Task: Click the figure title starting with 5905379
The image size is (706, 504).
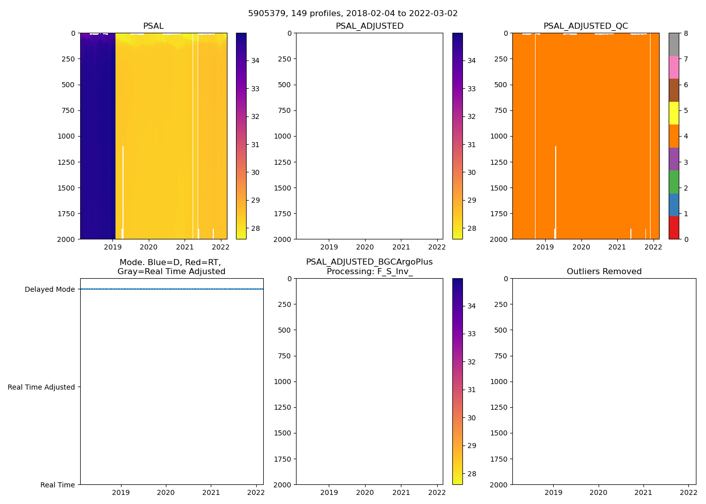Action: click(x=353, y=14)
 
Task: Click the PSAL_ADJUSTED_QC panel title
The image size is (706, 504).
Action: click(x=585, y=26)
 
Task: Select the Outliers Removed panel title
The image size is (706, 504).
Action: click(x=604, y=272)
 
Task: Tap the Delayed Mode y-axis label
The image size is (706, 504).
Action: click(x=49, y=289)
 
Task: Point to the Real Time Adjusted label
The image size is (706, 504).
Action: click(x=41, y=387)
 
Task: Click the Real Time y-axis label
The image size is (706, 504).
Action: click(x=57, y=485)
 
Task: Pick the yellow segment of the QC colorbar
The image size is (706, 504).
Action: click(x=674, y=113)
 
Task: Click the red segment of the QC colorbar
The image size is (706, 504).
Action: click(x=674, y=228)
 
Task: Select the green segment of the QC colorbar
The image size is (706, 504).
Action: click(x=674, y=182)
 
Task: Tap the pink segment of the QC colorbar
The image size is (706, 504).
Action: click(x=674, y=67)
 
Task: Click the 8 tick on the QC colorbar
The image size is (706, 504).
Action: click(x=686, y=33)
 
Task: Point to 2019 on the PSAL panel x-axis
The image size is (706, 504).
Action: click(x=113, y=247)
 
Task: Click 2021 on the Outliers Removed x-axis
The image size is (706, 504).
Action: click(x=643, y=492)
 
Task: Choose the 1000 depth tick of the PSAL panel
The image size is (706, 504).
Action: click(x=66, y=136)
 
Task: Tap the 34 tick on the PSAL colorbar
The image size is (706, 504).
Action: click(x=255, y=60)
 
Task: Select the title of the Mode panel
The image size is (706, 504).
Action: click(x=171, y=267)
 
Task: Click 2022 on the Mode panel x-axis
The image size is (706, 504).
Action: click(x=256, y=492)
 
